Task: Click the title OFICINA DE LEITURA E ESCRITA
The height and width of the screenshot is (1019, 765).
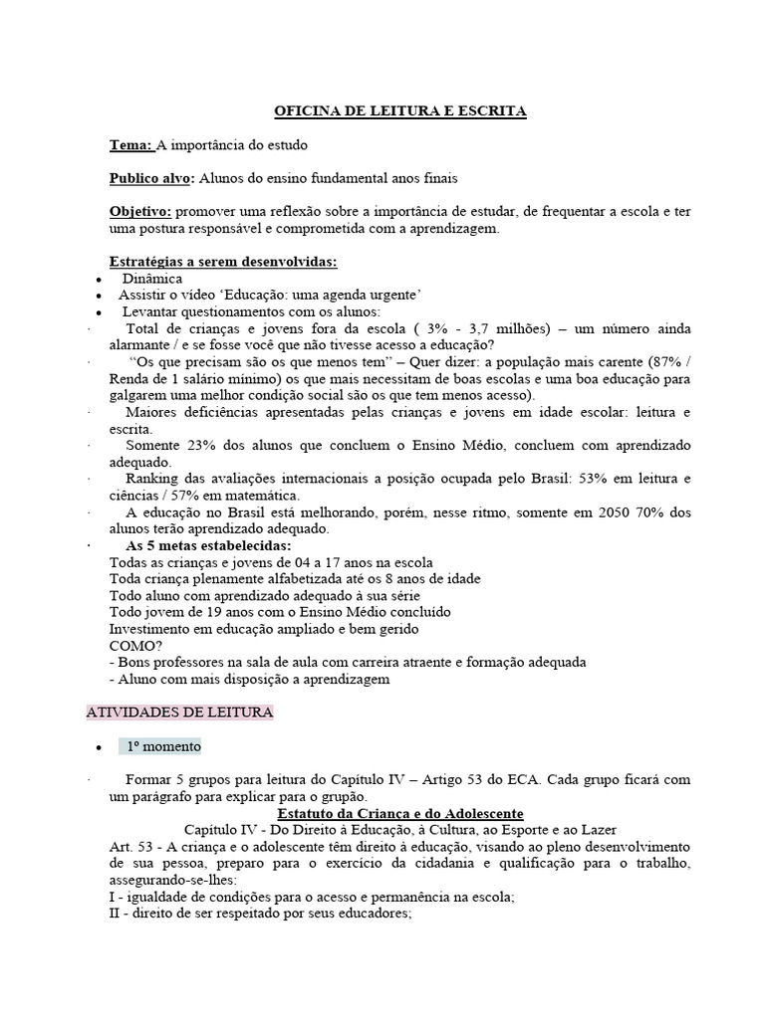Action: [399, 112]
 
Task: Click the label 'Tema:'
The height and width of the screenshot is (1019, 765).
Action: [129, 145]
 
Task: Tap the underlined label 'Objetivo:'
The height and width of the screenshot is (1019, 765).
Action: [140, 211]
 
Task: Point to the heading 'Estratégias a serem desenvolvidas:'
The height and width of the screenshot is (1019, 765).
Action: [223, 262]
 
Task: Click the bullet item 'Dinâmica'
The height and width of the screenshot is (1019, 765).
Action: [152, 279]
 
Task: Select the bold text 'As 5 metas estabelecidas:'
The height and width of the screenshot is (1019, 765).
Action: [208, 546]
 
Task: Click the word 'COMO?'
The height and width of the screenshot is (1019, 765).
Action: [134, 645]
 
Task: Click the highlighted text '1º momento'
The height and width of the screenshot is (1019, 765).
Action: [162, 745]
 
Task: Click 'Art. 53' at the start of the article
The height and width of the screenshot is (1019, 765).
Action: [129, 846]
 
